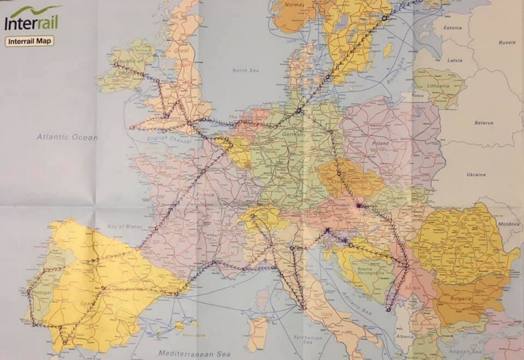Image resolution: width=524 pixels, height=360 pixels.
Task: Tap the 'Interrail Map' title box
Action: [x=29, y=41]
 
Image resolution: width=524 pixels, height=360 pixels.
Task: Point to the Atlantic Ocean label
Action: [x=67, y=137]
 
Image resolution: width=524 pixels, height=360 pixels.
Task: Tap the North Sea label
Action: [x=247, y=70]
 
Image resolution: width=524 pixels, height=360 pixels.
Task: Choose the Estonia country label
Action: [x=453, y=28]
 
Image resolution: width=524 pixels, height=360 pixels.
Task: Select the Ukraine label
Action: [x=476, y=175]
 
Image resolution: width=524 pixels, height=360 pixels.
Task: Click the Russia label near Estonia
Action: [x=506, y=42]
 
